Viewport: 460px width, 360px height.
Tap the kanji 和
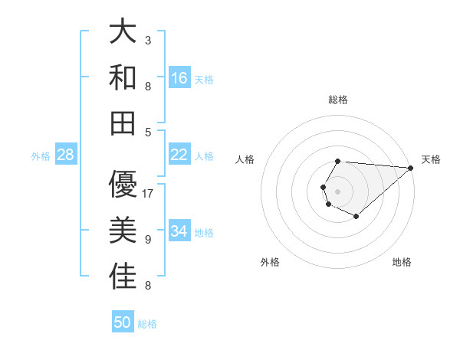coord(123,78)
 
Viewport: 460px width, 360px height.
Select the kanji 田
coord(123,123)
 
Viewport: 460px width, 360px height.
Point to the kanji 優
coord(123,183)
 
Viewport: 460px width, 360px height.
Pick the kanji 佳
coord(123,277)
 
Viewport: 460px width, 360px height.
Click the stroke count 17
coord(149,193)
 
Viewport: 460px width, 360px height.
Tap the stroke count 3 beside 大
coord(148,39)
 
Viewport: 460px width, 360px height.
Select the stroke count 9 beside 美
coord(148,240)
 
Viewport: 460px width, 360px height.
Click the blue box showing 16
coord(179,78)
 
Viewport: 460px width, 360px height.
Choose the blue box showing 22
coord(179,155)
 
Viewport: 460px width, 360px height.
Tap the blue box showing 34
coord(179,231)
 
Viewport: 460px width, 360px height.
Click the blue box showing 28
coord(66,155)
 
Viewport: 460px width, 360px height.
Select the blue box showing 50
coord(123,322)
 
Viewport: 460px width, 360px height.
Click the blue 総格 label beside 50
coord(147,324)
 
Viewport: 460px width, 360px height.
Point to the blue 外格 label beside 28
coord(41,156)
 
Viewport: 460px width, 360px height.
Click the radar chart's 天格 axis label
coord(432,159)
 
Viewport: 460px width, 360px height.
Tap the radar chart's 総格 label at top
coord(338,100)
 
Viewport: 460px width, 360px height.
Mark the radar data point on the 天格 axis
coord(411,167)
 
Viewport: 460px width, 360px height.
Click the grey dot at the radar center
coord(338,190)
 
